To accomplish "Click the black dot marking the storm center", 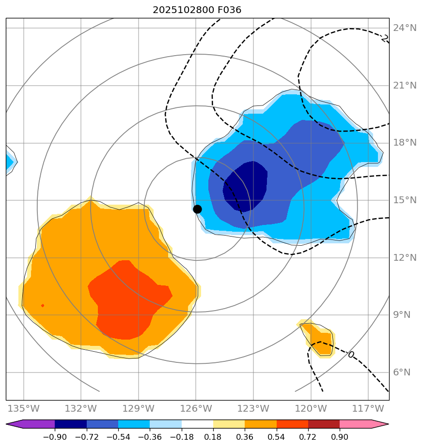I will tap(197, 209).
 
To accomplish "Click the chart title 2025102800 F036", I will tap(197, 10).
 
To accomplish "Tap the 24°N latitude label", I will tap(405, 28).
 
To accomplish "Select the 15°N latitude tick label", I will tap(405, 200).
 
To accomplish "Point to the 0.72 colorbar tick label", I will tap(308, 437).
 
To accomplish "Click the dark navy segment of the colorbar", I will tap(71, 424).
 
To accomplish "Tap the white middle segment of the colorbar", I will tap(197, 424).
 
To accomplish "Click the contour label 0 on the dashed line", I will tap(351, 355).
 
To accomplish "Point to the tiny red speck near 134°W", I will tap(43, 305).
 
